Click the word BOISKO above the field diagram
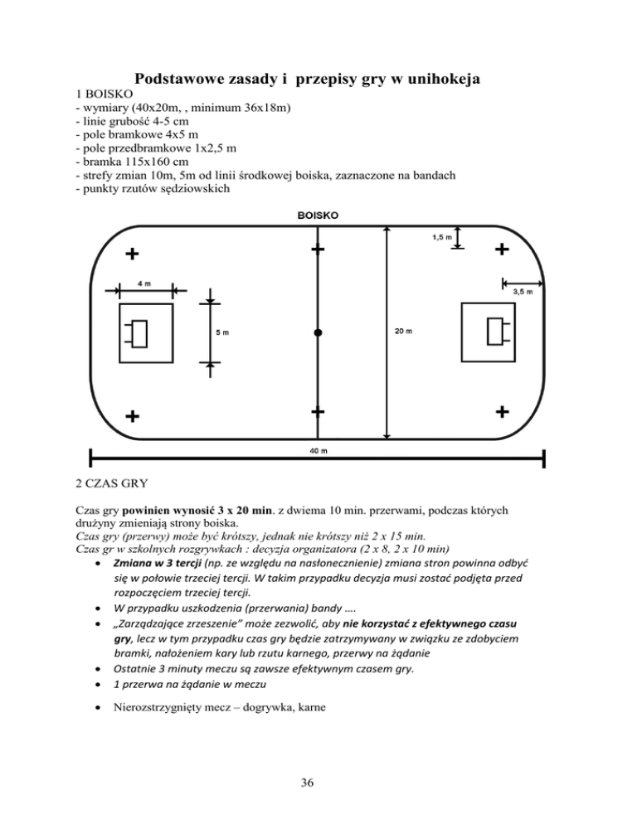[x=317, y=216]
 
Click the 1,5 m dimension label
[x=441, y=238]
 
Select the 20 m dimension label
[x=404, y=332]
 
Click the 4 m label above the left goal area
[x=143, y=284]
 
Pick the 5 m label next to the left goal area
[x=222, y=333]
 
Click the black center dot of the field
[x=318, y=332]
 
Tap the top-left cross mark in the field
[x=132, y=253]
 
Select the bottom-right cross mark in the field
[x=502, y=411]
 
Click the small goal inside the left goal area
[x=139, y=333]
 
